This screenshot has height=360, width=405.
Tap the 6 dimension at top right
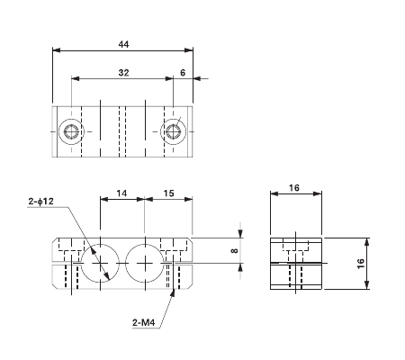[x=183, y=71]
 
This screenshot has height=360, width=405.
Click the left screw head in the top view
[x=71, y=132]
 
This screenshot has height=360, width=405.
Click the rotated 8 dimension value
[x=234, y=250]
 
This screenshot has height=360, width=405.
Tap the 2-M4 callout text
[x=145, y=319]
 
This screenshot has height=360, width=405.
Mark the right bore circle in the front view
[x=143, y=263]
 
